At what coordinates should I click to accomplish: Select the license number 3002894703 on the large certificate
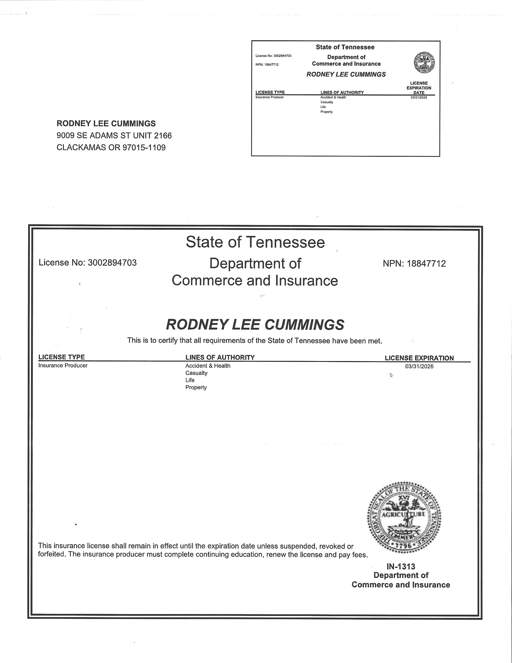point(112,263)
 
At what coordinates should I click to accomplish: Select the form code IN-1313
point(401,566)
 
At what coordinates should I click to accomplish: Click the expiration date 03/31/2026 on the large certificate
point(419,367)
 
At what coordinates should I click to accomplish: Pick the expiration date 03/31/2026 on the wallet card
point(419,97)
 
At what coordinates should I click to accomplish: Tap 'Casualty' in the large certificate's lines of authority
point(196,373)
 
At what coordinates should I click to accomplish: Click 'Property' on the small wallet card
point(326,112)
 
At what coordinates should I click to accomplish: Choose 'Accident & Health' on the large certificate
point(208,366)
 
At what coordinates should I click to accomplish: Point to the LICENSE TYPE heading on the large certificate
point(61,357)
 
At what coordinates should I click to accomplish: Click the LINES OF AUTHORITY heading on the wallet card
point(342,92)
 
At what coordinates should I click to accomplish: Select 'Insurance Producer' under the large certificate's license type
point(63,365)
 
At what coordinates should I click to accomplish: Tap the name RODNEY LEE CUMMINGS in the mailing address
point(106,124)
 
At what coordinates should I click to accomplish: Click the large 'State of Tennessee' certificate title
point(255,242)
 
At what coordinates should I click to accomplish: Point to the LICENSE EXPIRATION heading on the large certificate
point(419,358)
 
